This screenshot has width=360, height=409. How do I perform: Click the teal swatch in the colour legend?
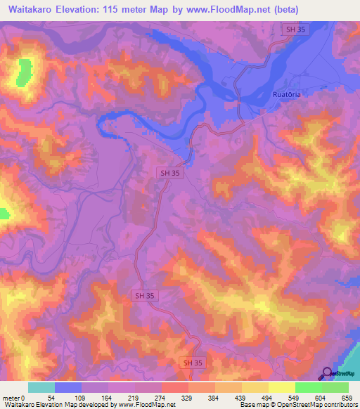click(x=41, y=387)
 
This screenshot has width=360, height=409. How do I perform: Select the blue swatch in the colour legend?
click(x=68, y=387)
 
